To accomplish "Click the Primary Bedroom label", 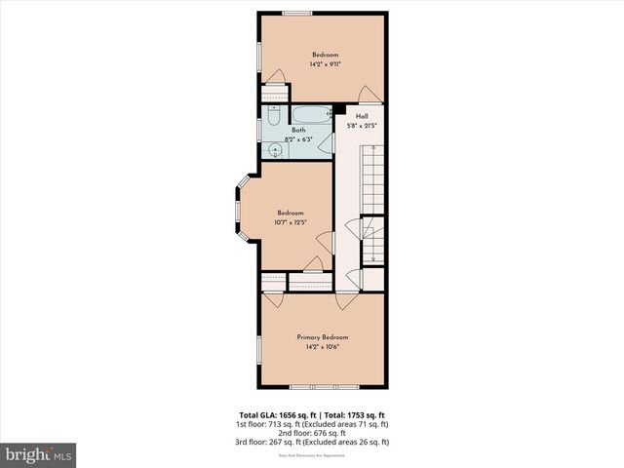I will click(x=322, y=337).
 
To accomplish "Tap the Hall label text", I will click(x=362, y=117).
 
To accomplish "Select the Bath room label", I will click(x=298, y=131).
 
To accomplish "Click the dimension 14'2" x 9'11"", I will click(x=325, y=63).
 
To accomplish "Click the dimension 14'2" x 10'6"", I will click(x=322, y=346).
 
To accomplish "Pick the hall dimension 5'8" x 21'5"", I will click(x=362, y=126).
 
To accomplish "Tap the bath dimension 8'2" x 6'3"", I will click(x=298, y=139).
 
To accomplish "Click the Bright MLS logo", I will click(x=39, y=454).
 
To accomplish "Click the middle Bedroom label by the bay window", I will click(x=290, y=214).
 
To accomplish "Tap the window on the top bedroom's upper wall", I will click(x=297, y=12).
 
